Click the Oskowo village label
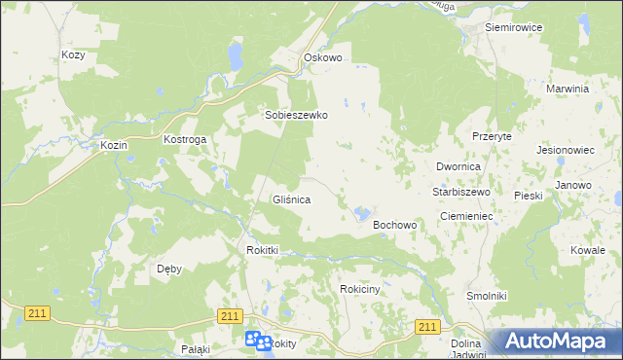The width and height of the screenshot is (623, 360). point(323,57)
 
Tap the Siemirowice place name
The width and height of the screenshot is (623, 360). point(513,27)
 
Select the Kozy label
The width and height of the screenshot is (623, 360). point(73,55)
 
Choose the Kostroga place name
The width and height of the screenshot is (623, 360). point(185,140)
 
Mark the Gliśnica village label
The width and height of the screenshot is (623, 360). point(290,199)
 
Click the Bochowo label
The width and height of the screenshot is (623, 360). point(395,225)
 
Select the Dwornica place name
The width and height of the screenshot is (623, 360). point(459,167)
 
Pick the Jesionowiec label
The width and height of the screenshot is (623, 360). point(565,151)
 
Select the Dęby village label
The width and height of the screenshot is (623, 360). point(169,269)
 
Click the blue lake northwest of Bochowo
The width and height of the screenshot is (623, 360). point(362,212)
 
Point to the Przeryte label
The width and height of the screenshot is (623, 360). point(492,137)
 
